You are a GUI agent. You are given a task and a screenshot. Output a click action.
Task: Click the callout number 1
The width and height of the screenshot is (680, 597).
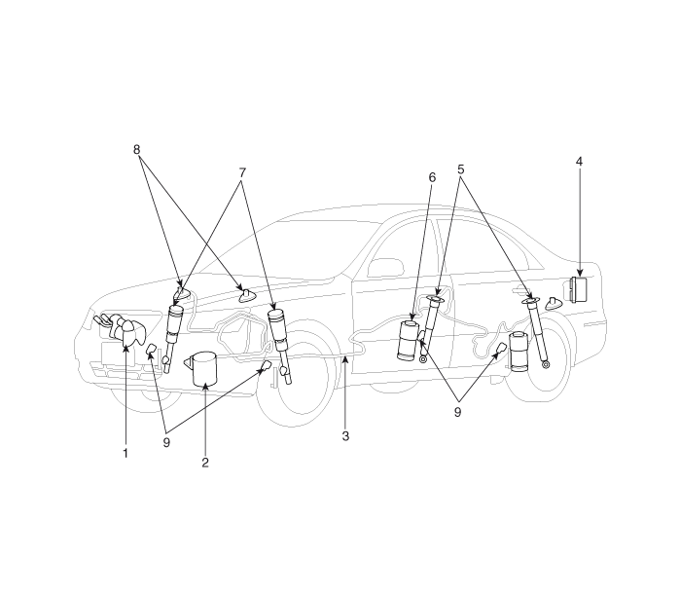tap(125, 454)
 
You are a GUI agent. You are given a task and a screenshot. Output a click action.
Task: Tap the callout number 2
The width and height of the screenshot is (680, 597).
tap(205, 463)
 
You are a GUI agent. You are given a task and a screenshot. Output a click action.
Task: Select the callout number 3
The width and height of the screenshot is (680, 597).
tap(345, 436)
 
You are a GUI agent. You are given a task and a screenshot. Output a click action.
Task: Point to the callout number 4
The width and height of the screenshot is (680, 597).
tap(579, 162)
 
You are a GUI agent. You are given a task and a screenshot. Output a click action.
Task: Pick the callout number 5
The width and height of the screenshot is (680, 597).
tap(460, 169)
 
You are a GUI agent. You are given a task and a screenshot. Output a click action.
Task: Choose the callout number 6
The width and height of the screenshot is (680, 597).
tap(432, 177)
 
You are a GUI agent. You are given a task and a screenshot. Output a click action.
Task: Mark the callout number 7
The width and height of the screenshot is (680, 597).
tap(242, 172)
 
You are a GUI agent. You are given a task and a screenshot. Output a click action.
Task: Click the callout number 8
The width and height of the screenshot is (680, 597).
tap(136, 150)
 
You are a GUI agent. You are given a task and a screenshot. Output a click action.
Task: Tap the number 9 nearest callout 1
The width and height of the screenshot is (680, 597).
tap(166, 443)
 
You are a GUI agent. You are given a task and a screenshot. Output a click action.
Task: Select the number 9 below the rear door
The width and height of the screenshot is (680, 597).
tap(457, 412)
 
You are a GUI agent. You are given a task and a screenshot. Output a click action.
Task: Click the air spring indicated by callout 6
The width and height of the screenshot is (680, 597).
tap(408, 341)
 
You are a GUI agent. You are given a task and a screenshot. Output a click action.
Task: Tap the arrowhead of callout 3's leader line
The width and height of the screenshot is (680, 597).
tap(344, 358)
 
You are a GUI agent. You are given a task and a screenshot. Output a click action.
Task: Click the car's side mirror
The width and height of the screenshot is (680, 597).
tap(386, 268)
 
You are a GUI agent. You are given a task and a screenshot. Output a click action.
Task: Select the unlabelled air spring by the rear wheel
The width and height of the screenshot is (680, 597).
tap(519, 353)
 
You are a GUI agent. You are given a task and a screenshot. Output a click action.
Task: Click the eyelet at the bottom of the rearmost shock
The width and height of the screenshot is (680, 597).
tap(546, 364)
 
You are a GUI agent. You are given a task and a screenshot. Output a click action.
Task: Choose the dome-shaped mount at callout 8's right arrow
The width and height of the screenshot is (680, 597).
tap(248, 296)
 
